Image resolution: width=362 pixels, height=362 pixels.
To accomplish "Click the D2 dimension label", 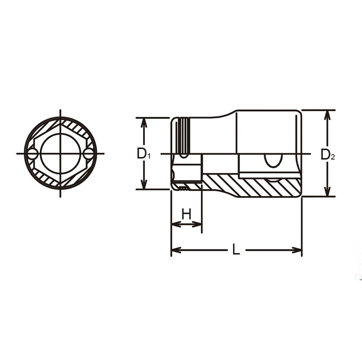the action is (x=328, y=155).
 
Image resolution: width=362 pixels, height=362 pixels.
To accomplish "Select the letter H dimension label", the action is (x=186, y=214).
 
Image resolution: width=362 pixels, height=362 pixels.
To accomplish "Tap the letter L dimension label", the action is (x=236, y=249).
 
